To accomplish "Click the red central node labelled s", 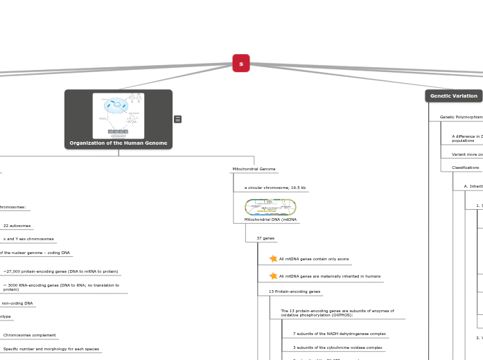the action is [x=241, y=64].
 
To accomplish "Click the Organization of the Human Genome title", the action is [x=118, y=143].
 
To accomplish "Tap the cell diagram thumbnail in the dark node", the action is [x=118, y=116].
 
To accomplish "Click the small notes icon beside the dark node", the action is [x=178, y=119].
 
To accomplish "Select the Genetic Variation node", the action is [x=453, y=96].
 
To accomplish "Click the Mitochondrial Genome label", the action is [x=254, y=169].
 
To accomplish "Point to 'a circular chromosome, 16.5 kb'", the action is [x=274, y=188].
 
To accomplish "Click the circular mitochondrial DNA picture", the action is [x=270, y=207].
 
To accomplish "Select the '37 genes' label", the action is [x=265, y=238].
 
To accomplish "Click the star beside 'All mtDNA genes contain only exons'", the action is [x=273, y=259].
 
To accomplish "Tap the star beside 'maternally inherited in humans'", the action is [x=273, y=276].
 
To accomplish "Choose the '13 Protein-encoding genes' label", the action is [x=295, y=291].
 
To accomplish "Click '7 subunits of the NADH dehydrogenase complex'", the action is [x=339, y=334].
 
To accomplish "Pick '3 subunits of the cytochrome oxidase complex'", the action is [x=337, y=348].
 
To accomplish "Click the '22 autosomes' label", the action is [x=17, y=226].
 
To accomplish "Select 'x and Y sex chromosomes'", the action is [x=28, y=239].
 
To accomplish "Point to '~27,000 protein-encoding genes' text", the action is [x=60, y=271].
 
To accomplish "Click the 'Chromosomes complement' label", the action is [x=29, y=335].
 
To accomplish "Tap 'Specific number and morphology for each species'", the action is [x=51, y=349].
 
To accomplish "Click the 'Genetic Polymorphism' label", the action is [x=461, y=117].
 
